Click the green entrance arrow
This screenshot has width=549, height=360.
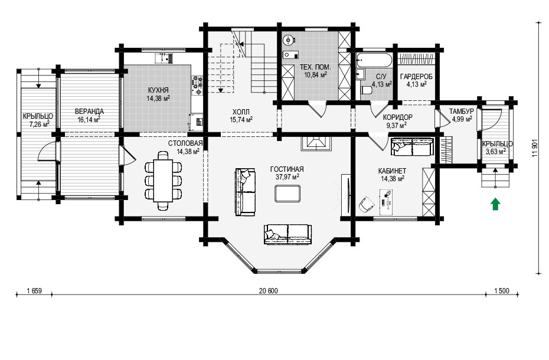(495, 204)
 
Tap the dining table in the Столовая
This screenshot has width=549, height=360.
(163, 181)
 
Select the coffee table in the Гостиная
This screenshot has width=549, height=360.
(287, 194)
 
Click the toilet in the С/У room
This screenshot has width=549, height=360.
(366, 90)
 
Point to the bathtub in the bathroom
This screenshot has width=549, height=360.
(374, 60)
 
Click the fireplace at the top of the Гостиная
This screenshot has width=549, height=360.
(316, 143)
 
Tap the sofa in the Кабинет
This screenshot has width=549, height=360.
(412, 147)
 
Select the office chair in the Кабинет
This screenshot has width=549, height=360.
(366, 204)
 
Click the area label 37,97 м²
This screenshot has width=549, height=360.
(287, 177)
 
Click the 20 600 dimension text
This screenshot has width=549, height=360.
(268, 291)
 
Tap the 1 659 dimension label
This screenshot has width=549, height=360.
(34, 291)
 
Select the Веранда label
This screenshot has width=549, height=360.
(89, 112)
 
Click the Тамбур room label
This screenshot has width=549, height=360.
(462, 112)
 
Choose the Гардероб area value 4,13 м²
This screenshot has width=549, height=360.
(416, 84)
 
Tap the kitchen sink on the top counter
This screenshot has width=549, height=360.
(164, 57)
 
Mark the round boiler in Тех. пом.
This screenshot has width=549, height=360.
(289, 40)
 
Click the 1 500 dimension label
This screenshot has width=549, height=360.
(502, 291)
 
